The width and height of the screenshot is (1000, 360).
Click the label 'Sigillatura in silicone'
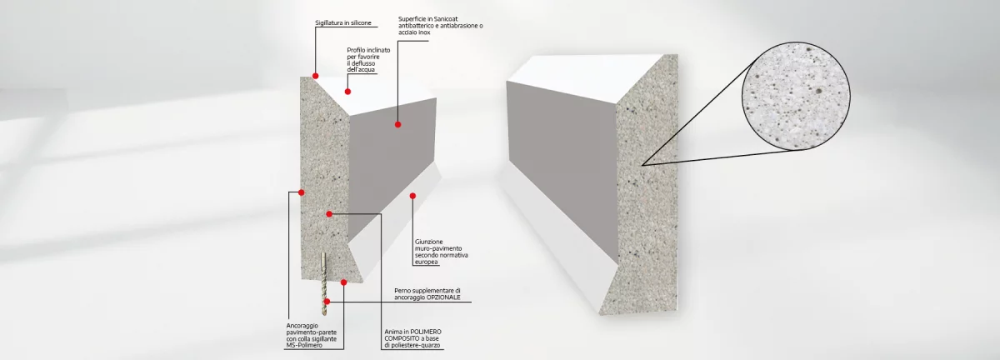342,22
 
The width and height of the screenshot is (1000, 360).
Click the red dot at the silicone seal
315,76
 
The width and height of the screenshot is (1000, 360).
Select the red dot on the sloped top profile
347,92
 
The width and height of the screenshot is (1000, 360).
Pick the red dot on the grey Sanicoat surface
397,125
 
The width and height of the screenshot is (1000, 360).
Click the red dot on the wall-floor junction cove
412,196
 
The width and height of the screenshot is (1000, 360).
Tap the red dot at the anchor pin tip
327,302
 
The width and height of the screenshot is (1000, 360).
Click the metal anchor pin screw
323,282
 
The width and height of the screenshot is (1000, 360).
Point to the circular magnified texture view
796,96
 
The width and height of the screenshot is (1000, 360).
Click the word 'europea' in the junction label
427,262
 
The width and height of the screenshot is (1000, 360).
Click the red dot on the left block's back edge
302,192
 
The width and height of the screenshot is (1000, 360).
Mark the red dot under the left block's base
343,282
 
